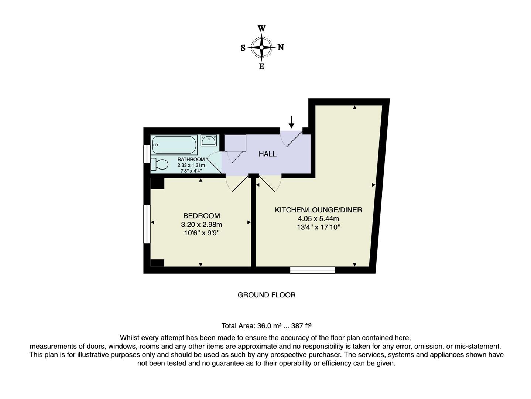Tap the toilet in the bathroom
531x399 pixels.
[159, 164]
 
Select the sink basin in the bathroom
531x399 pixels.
[209, 140]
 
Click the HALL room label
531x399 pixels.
[267, 154]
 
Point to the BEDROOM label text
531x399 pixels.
[202, 216]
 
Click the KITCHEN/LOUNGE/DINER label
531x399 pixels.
[318, 210]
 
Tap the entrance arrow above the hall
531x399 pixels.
[291, 122]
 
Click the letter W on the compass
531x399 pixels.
[261, 28]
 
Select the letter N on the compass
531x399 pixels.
[281, 47]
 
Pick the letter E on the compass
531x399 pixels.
[261, 67]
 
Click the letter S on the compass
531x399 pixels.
[243, 48]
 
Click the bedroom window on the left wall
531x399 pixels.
[147, 224]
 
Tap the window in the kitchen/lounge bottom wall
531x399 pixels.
[312, 270]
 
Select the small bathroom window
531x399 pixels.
[147, 154]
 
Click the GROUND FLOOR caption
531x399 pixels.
[266, 295]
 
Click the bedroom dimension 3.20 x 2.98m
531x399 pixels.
[202, 225]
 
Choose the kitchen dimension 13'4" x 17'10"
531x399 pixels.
[318, 227]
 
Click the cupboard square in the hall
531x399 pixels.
[235, 143]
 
